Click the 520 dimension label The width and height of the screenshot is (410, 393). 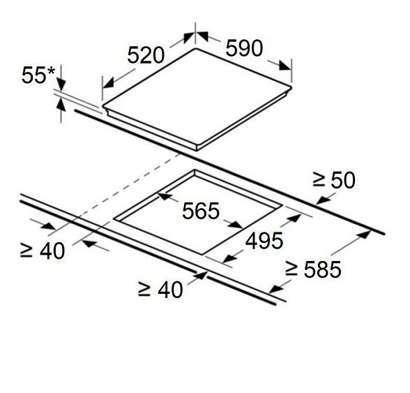[x=146, y=55]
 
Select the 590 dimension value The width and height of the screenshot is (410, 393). [x=244, y=48]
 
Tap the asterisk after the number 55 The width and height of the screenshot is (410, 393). [x=50, y=71]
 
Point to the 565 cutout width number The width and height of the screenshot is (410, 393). [x=201, y=211]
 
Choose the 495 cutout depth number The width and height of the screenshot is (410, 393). [x=264, y=241]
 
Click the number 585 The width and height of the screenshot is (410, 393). [x=322, y=269]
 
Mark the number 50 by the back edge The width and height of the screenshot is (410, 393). [x=343, y=180]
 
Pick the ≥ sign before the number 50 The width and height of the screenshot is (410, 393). [x=319, y=180]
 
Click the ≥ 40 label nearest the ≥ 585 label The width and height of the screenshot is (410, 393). [x=160, y=290]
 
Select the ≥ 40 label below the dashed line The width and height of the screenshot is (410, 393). [x=43, y=251]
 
